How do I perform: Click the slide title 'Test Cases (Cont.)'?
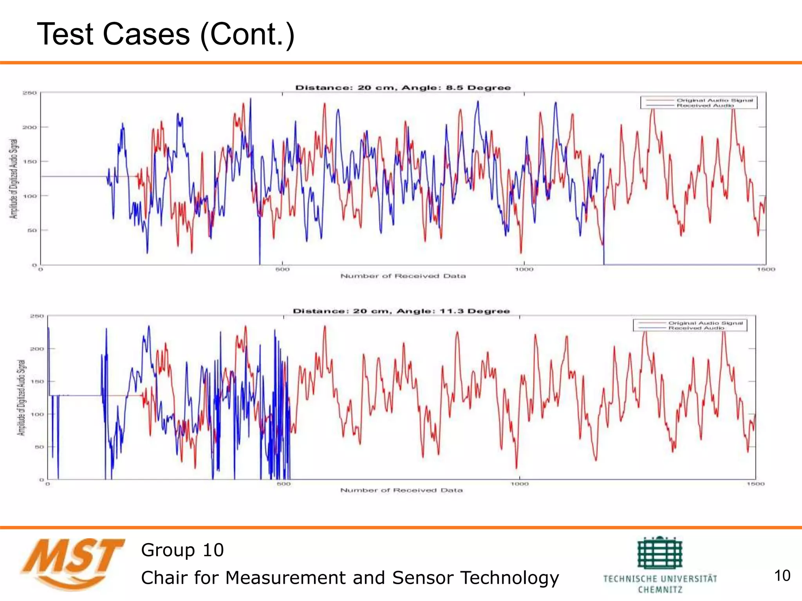(x=165, y=34)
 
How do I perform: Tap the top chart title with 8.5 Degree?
(x=403, y=88)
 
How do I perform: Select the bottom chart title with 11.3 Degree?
(x=401, y=311)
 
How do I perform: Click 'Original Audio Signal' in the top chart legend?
(x=715, y=100)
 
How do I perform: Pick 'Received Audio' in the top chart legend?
(x=705, y=106)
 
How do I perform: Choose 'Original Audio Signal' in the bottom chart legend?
(x=705, y=323)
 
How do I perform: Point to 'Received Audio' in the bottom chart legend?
(x=696, y=328)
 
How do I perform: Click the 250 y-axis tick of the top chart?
(x=30, y=93)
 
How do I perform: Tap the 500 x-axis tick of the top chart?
(x=282, y=269)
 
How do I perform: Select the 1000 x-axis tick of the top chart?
(x=524, y=269)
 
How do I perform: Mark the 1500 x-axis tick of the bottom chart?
(x=755, y=484)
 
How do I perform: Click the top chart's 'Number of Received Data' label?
(x=403, y=276)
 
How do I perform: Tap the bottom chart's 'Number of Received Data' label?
(x=401, y=490)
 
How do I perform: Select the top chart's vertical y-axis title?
(x=14, y=178)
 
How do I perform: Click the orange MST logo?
(x=72, y=563)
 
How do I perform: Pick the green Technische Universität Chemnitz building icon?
(x=660, y=552)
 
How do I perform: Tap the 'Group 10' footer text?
(x=182, y=550)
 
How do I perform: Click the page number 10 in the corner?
(x=782, y=576)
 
